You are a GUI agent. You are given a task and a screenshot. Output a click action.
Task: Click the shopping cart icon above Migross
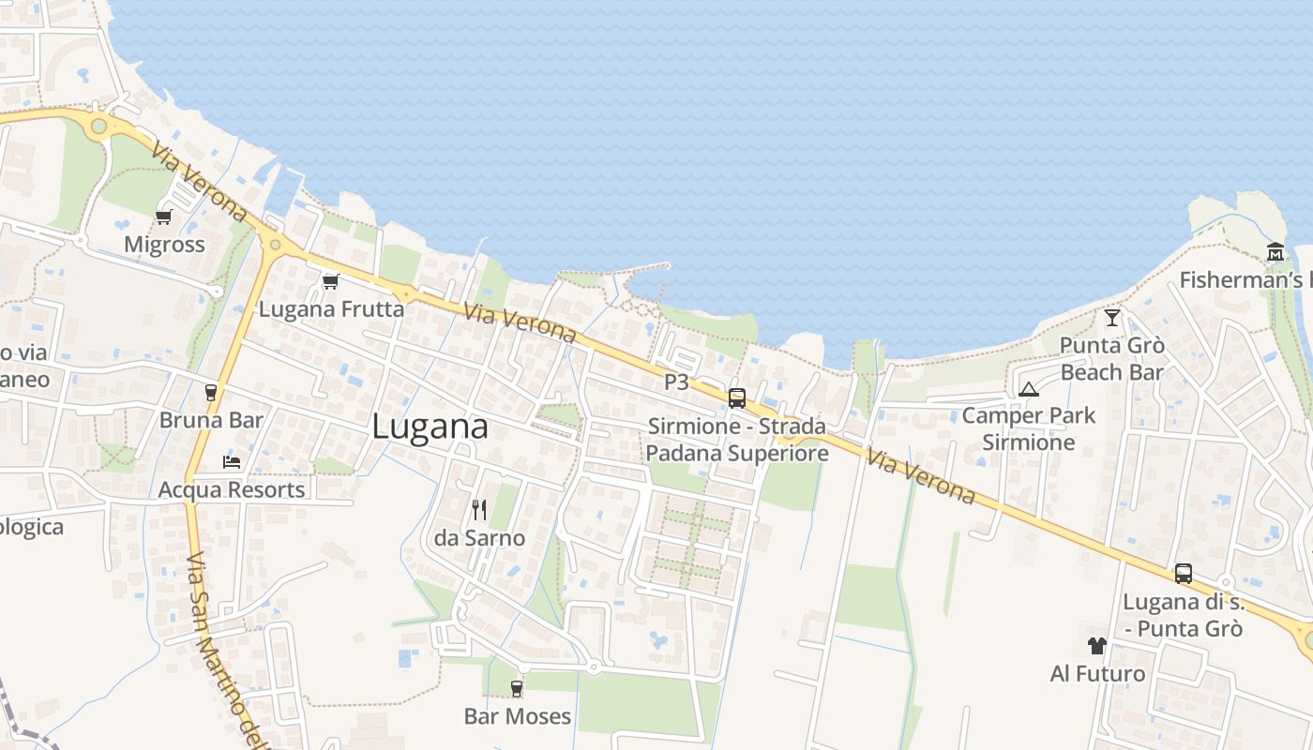pyautogui.click(x=163, y=217)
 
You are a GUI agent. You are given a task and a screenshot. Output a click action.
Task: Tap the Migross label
pyautogui.click(x=164, y=245)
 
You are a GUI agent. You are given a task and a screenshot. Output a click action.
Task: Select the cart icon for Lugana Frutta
pyautogui.click(x=330, y=281)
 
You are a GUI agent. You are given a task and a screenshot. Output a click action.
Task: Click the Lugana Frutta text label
pyautogui.click(x=332, y=308)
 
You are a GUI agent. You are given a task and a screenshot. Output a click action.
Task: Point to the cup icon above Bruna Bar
pyautogui.click(x=210, y=393)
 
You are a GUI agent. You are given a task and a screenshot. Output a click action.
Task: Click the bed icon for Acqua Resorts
pyautogui.click(x=232, y=461)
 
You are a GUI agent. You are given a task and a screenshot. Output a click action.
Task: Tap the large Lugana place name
pyautogui.click(x=430, y=427)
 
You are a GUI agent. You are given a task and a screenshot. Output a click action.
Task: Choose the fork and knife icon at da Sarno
pyautogui.click(x=479, y=510)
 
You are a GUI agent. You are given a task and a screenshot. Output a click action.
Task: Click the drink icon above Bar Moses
pyautogui.click(x=516, y=689)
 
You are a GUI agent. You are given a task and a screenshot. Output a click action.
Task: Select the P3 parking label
pyautogui.click(x=676, y=382)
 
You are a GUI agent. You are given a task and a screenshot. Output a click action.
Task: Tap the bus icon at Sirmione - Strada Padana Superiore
pyautogui.click(x=737, y=398)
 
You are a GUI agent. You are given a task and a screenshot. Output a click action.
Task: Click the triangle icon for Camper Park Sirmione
pyautogui.click(x=1028, y=389)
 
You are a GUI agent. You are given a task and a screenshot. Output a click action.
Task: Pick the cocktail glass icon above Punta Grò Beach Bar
pyautogui.click(x=1112, y=318)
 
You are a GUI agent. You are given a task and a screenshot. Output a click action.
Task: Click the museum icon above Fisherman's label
pyautogui.click(x=1275, y=252)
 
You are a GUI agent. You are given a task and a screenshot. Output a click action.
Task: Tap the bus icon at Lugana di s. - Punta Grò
pyautogui.click(x=1184, y=574)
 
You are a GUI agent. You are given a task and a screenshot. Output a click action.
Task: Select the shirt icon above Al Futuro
pyautogui.click(x=1097, y=646)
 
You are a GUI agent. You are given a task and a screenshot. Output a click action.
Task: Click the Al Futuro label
pyautogui.click(x=1097, y=673)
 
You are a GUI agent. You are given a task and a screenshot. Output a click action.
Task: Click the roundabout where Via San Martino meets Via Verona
pyautogui.click(x=274, y=246)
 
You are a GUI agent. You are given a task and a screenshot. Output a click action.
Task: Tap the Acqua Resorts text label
pyautogui.click(x=232, y=489)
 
